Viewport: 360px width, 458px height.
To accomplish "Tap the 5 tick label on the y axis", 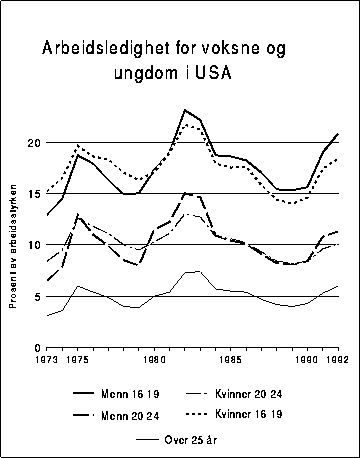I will [35, 296].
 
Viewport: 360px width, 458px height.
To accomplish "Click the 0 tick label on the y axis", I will [35, 347].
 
